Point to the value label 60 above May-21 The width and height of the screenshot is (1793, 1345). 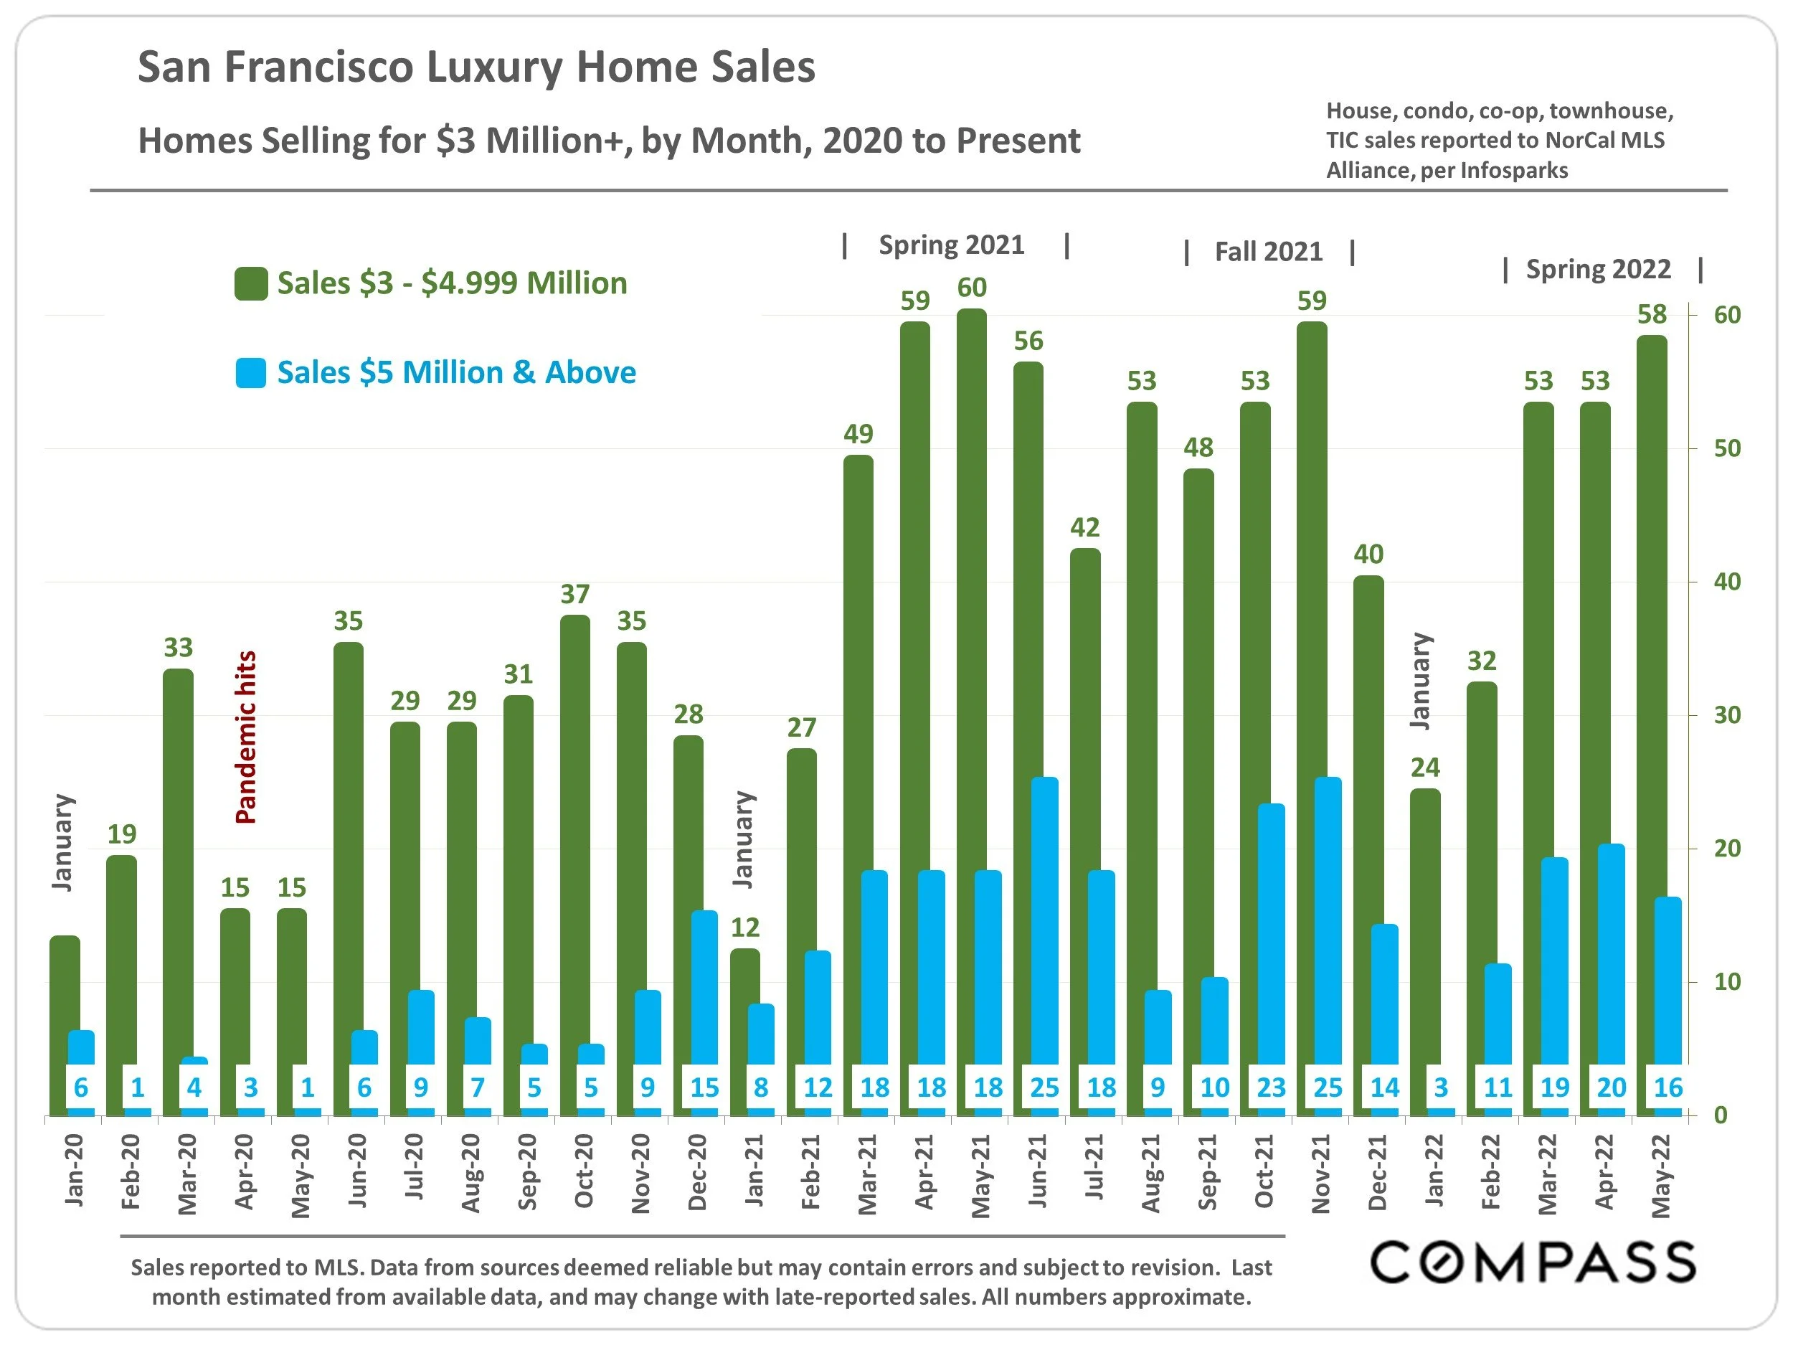[972, 288]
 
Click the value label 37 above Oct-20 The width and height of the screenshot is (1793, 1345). [574, 594]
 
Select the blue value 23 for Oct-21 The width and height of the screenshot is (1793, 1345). [1271, 1087]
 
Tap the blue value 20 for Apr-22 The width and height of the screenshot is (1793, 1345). [1612, 1087]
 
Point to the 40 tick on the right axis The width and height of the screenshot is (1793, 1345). [1726, 581]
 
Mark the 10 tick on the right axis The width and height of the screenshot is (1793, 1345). [1726, 982]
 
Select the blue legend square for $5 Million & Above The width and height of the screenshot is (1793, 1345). [251, 373]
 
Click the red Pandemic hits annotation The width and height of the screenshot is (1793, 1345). [245, 737]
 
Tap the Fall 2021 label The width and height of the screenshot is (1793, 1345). [1268, 252]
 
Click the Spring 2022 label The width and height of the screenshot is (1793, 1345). [1598, 269]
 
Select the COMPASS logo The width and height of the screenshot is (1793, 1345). [1533, 1263]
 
